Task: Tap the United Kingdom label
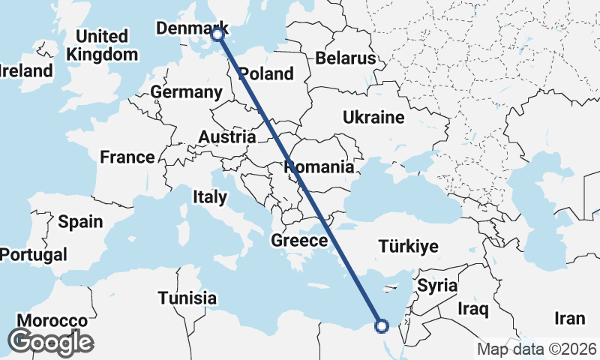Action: tap(102, 45)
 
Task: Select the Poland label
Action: tap(267, 73)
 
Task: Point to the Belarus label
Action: tap(345, 58)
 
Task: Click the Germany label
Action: tap(187, 92)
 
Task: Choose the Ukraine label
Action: tap(373, 117)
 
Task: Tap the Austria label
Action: tap(227, 137)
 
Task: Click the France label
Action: tap(127, 157)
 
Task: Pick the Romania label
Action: tap(319, 166)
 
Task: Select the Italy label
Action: tap(210, 197)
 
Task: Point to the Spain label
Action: tap(79, 221)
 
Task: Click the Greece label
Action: tap(299, 241)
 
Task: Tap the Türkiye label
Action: tap(408, 246)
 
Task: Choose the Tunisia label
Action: tap(187, 298)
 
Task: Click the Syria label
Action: tap(436, 285)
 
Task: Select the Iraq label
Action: tap(473, 308)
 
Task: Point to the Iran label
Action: tap(569, 318)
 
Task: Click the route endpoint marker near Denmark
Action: tap(217, 34)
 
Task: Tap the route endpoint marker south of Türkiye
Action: tap(381, 325)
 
